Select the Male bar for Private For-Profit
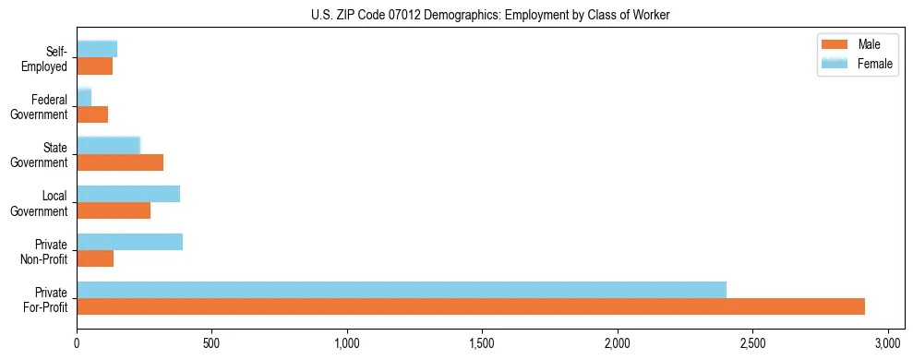[x=471, y=306]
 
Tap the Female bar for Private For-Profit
[x=402, y=290]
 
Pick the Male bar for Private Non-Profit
[x=95, y=258]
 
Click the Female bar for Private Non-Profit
[x=129, y=242]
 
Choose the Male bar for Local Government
[x=114, y=210]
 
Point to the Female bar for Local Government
[x=128, y=194]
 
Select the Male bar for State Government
[x=120, y=162]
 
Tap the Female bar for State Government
[x=108, y=146]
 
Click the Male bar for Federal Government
[x=92, y=114]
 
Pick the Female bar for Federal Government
[x=84, y=98]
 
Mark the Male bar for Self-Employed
[x=95, y=66]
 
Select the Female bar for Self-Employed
[x=97, y=50]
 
